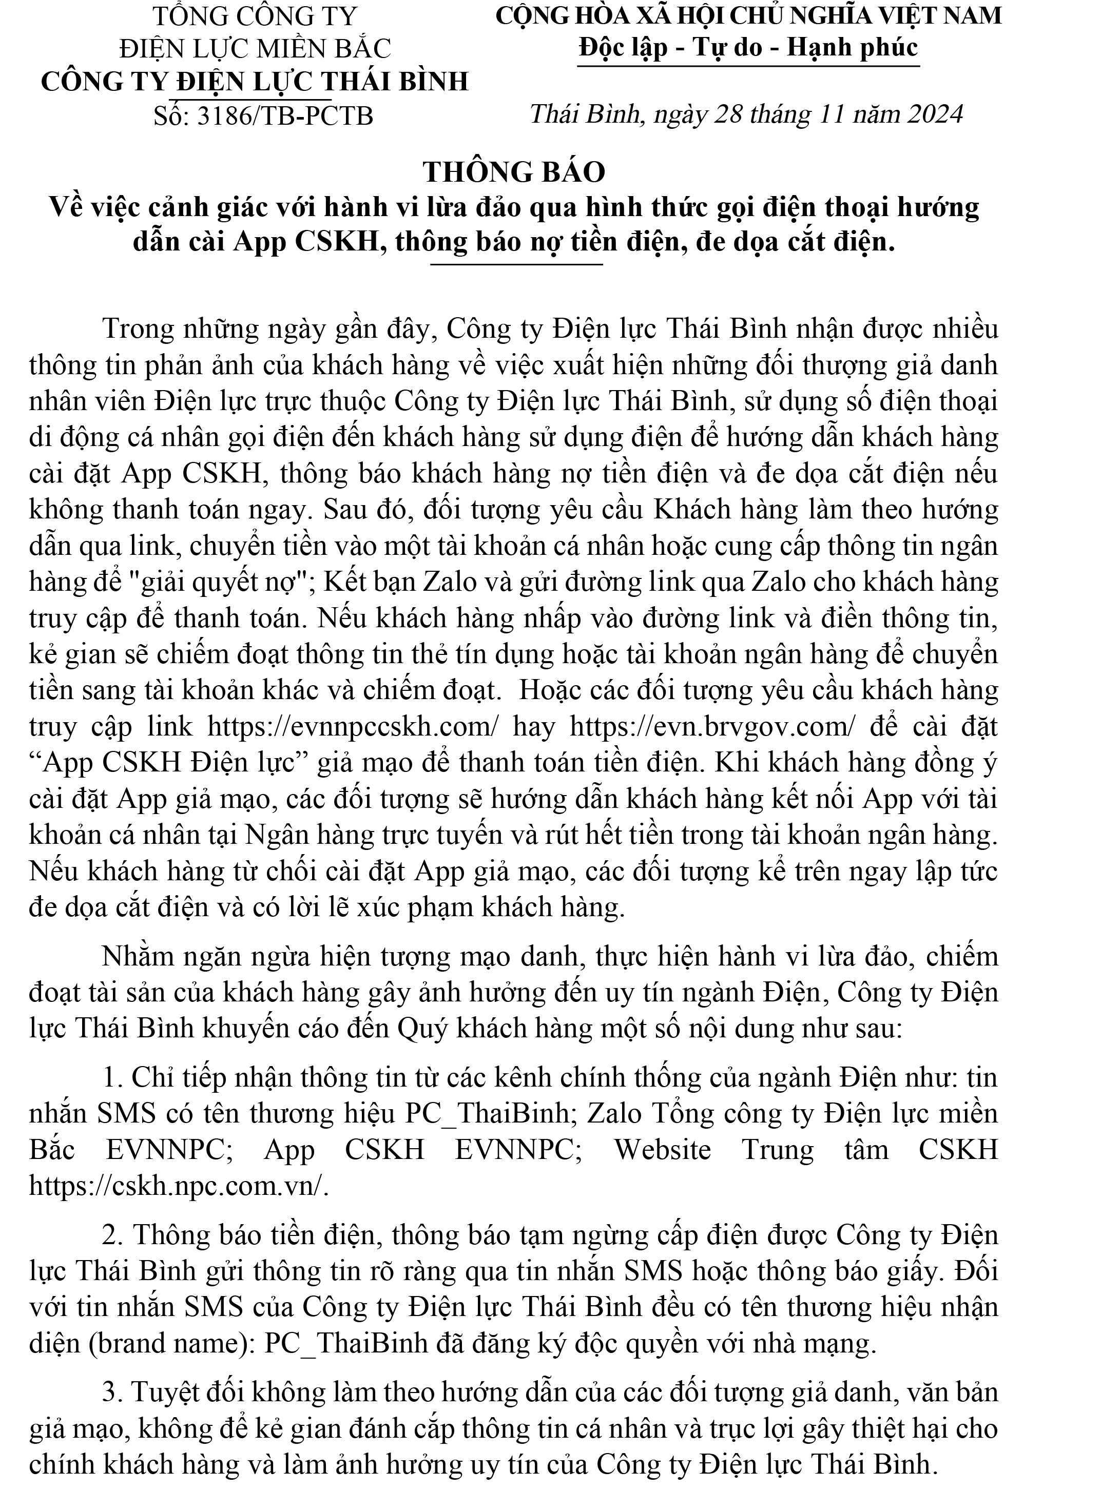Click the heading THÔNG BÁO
pos(514,172)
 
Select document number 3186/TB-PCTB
pos(285,116)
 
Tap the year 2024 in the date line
pos(934,114)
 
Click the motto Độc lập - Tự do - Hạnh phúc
pos(748,47)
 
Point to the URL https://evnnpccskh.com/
pos(353,727)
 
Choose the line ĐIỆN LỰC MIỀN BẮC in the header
pos(255,48)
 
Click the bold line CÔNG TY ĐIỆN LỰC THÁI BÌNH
pos(255,82)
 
